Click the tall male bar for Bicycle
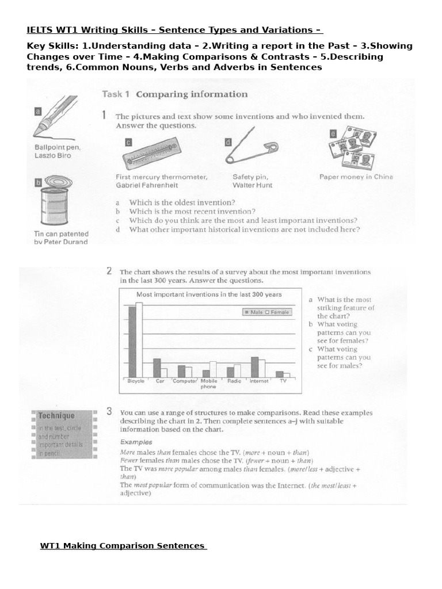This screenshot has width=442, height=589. [x=132, y=341]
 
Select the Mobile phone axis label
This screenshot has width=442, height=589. [x=208, y=384]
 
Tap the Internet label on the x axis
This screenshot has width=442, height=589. [x=258, y=381]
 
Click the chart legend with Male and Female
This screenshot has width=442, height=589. [x=268, y=312]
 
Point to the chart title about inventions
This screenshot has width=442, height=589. [x=208, y=294]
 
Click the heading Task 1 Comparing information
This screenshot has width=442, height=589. [x=175, y=94]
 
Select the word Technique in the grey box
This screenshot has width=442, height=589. [x=56, y=415]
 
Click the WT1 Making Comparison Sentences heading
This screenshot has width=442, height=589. [x=123, y=545]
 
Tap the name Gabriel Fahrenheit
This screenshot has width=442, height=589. [x=147, y=185]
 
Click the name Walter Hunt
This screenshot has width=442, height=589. [x=252, y=185]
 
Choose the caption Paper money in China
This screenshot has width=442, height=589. [x=356, y=177]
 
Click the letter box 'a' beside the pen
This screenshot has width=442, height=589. [x=38, y=112]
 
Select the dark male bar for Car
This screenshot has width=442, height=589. [x=157, y=368]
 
